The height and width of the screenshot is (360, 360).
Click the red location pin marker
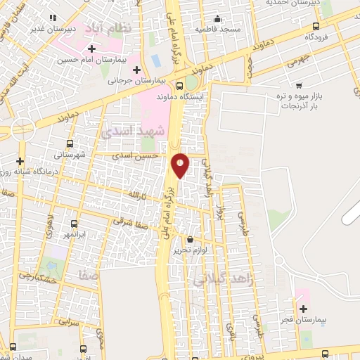point(180,165)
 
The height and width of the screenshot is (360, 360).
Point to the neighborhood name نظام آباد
point(103,30)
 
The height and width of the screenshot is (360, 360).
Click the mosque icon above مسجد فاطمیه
point(217,19)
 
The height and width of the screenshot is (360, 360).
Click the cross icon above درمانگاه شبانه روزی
point(20,161)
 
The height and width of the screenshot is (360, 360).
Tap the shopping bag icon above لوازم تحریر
point(189,239)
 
